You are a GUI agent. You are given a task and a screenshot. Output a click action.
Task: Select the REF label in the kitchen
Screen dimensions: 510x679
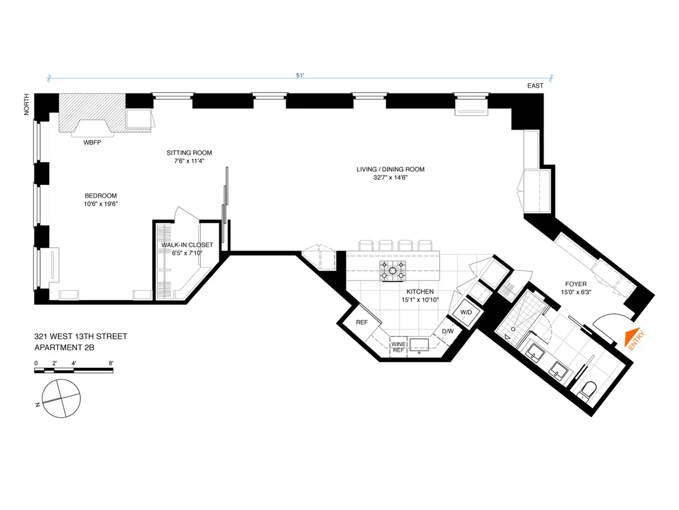pyautogui.click(x=362, y=322)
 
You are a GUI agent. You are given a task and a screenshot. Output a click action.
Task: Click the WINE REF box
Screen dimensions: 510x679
pyautogui.click(x=398, y=347)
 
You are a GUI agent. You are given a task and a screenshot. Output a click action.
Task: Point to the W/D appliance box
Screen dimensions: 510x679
pyautogui.click(x=466, y=312)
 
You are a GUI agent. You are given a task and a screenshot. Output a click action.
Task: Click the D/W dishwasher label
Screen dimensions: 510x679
pyautogui.click(x=448, y=331)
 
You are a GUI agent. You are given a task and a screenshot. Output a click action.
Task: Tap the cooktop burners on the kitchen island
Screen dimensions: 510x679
pyautogui.click(x=392, y=271)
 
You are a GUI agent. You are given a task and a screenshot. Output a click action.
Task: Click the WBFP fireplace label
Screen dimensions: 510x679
pyautogui.click(x=93, y=142)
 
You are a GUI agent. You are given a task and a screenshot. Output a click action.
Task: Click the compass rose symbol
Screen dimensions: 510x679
pyautogui.click(x=59, y=398)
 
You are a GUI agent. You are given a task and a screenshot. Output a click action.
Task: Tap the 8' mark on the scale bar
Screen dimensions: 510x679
pyautogui.click(x=111, y=363)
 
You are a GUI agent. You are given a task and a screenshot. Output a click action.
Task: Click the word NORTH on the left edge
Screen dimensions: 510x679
pyautogui.click(x=26, y=105)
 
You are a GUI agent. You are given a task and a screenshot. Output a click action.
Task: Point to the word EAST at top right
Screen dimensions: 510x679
pyautogui.click(x=535, y=86)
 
